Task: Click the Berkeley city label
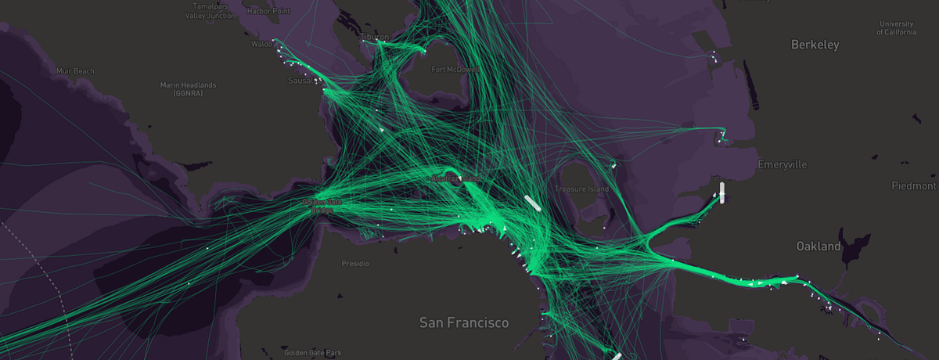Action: [815, 45]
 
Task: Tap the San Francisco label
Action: [463, 322]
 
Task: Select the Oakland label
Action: [818, 246]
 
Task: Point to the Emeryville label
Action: [782, 164]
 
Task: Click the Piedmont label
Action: [913, 185]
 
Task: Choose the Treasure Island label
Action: [581, 189]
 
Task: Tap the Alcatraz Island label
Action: [458, 179]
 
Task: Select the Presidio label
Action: [355, 264]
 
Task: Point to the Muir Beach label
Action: [76, 71]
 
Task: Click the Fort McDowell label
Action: [455, 69]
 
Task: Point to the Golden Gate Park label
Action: [313, 353]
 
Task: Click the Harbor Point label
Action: [268, 11]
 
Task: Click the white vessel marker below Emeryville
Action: [722, 193]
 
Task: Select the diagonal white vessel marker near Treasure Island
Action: [532, 203]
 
